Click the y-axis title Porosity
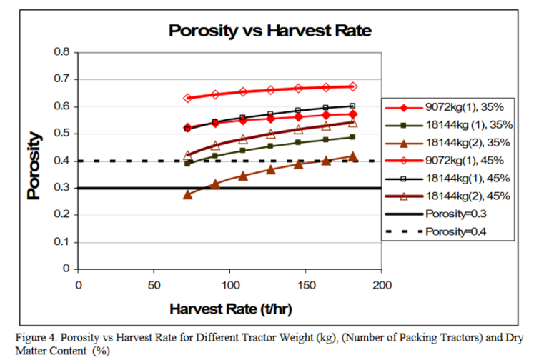click(x=34, y=161)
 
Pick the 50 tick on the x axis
click(x=154, y=284)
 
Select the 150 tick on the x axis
click(x=306, y=284)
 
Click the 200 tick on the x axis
click(x=382, y=284)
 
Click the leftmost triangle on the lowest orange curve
click(x=188, y=194)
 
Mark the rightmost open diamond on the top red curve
click(x=352, y=86)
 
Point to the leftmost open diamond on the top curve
click(x=188, y=98)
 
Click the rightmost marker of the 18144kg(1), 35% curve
click(x=352, y=137)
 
